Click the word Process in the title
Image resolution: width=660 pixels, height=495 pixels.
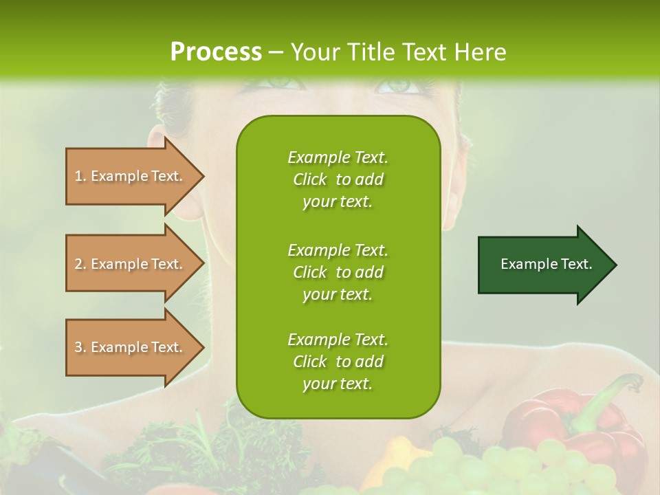[216, 52]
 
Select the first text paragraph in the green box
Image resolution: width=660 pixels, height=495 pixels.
[338, 179]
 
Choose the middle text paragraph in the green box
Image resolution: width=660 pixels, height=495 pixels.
[338, 272]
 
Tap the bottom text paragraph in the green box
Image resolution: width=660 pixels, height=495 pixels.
[338, 362]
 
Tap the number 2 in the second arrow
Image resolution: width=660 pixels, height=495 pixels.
[78, 264]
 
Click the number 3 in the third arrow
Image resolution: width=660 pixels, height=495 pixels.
[78, 347]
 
